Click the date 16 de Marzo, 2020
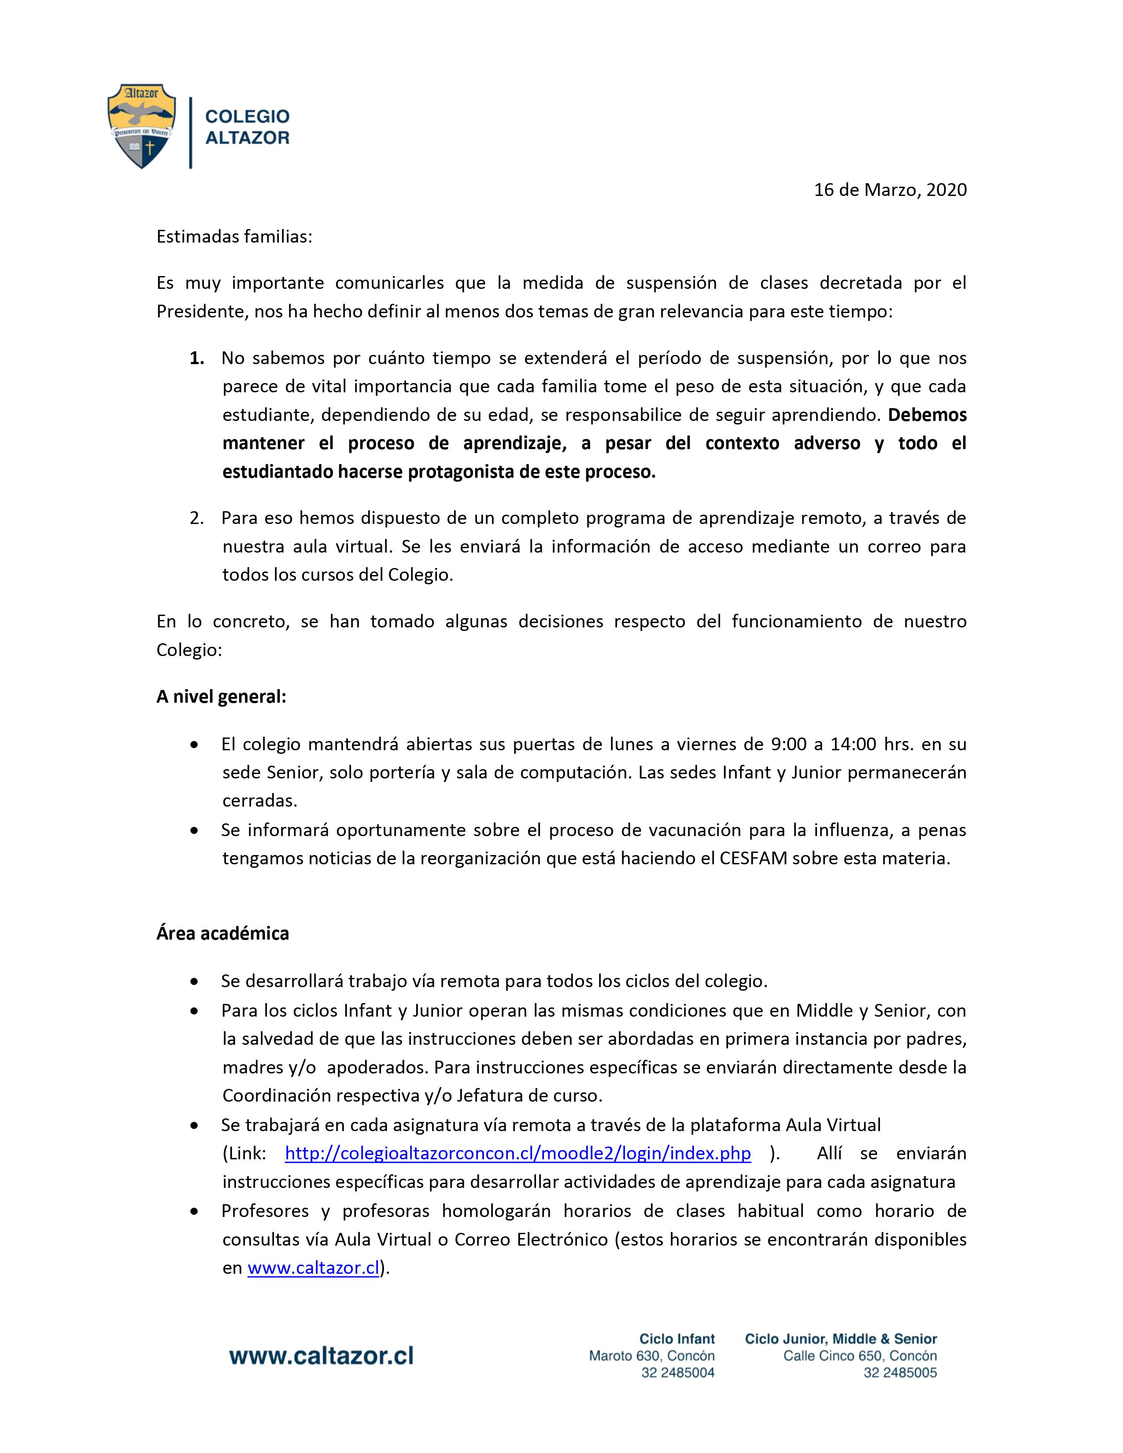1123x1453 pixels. point(890,190)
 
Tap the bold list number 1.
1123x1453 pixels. point(196,358)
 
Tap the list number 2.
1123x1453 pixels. point(196,518)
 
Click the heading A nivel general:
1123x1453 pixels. point(222,697)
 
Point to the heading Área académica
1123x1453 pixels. point(223,933)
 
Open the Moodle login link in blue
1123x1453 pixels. point(517,1153)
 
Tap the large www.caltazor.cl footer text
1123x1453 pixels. point(321,1356)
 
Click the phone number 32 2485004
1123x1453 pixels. point(677,1372)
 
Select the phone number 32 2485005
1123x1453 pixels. point(899,1372)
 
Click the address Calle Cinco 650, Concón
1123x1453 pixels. point(860,1356)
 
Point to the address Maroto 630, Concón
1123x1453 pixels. point(651,1356)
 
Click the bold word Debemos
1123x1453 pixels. point(927,415)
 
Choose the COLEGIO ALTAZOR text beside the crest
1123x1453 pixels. point(247,126)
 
